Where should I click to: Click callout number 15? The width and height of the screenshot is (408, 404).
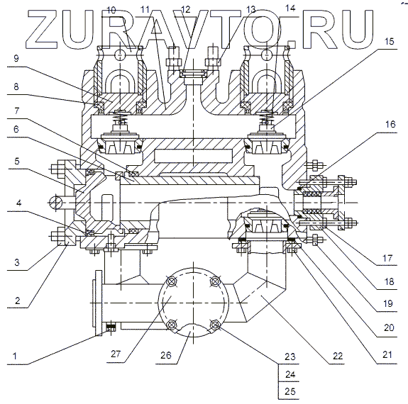point(390,42)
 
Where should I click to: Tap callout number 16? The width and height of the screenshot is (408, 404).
point(390,124)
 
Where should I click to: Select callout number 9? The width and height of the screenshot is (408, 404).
point(16,58)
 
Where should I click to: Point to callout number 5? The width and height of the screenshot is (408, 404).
point(16,161)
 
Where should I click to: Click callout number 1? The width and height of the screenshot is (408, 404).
point(15,356)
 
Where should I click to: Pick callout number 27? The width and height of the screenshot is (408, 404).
point(116,354)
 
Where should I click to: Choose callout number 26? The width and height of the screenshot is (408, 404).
point(166,355)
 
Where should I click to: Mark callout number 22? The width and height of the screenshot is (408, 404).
point(338,356)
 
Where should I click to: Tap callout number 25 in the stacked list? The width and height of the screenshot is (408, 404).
point(290,391)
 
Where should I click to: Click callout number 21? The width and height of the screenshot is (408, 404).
point(387,354)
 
